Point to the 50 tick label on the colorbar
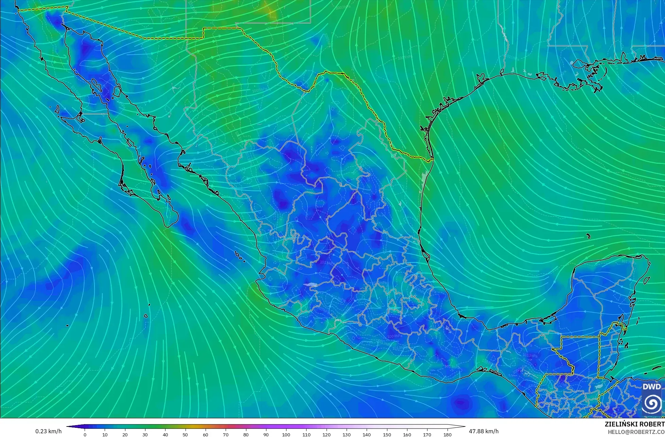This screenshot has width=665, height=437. [x=185, y=434]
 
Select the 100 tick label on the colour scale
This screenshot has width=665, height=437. [x=286, y=434]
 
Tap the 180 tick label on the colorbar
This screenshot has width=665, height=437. [x=447, y=434]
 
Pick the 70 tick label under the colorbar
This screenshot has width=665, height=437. [x=226, y=434]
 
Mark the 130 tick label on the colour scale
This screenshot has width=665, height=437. [x=346, y=434]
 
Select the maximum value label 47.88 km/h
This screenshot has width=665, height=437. [x=484, y=431]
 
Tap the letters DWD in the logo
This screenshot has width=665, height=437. [x=652, y=387]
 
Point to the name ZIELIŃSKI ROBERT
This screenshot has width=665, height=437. [x=634, y=424]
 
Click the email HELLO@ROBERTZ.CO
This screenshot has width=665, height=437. [x=636, y=432]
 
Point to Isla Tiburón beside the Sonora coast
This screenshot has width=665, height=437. [x=118, y=91]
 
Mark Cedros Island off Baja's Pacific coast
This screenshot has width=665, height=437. [x=57, y=110]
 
